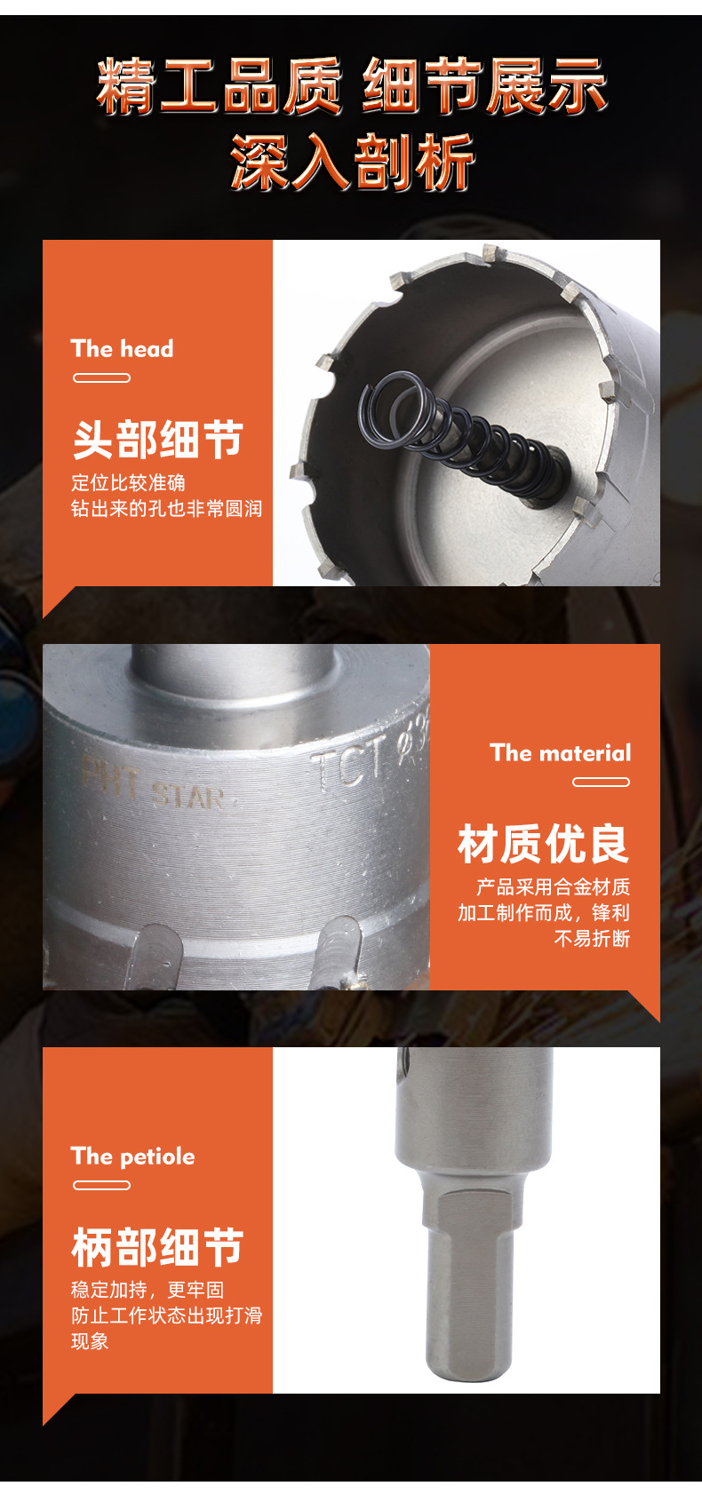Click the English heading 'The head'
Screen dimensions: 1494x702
pyautogui.click(x=122, y=348)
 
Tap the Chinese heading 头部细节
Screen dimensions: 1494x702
pyautogui.click(x=157, y=439)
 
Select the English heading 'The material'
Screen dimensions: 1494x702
pyautogui.click(x=560, y=753)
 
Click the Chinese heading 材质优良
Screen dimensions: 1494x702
pyautogui.click(x=543, y=843)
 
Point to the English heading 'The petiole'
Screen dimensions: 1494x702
pyautogui.click(x=132, y=1156)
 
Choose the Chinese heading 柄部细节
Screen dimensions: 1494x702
pyautogui.click(x=157, y=1247)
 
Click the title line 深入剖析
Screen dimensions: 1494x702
pyautogui.click(x=352, y=163)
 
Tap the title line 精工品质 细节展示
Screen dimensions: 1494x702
pyautogui.click(x=352, y=87)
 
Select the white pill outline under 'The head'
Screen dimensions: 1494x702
pyautogui.click(x=101, y=378)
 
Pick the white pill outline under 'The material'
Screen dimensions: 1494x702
pyautogui.click(x=601, y=783)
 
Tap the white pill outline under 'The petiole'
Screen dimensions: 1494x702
pyautogui.click(x=101, y=1186)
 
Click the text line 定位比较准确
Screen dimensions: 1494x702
pyautogui.click(x=128, y=482)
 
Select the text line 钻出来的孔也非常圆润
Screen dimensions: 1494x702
pyautogui.click(x=166, y=509)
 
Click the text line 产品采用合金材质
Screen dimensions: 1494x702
pyautogui.click(x=553, y=886)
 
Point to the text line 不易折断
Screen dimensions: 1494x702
pyautogui.click(x=592, y=939)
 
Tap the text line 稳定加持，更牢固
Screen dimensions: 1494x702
pyautogui.click(x=148, y=1290)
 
